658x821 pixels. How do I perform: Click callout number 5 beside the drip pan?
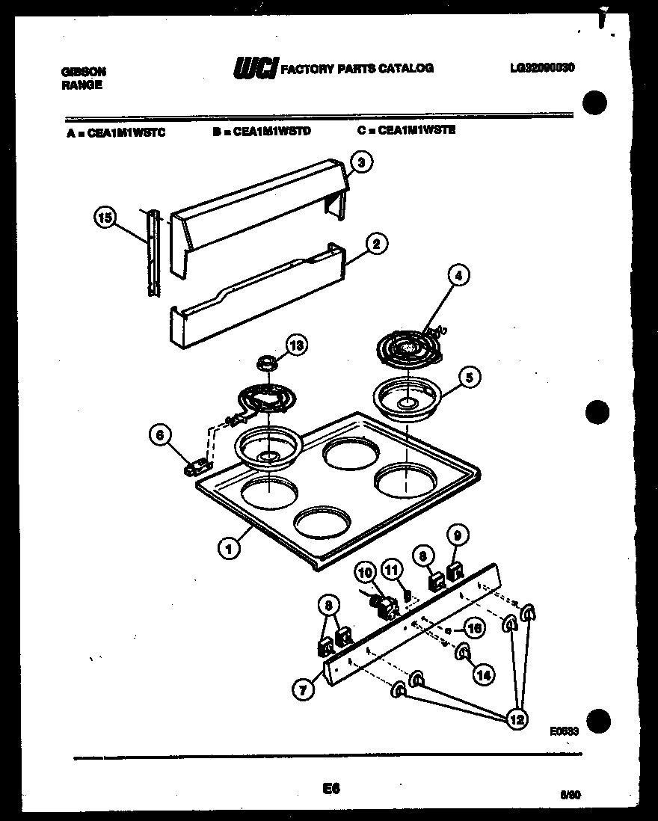click(469, 377)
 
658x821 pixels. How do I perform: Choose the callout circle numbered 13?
click(297, 345)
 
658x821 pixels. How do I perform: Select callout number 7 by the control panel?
click(303, 689)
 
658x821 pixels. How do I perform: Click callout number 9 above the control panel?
click(457, 534)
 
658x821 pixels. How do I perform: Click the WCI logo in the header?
click(255, 69)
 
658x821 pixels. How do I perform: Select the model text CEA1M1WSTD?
click(261, 130)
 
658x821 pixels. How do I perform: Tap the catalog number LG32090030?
click(542, 67)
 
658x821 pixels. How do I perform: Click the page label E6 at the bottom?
click(330, 788)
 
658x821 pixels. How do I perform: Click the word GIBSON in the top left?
click(83, 72)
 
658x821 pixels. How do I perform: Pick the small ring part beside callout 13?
click(265, 364)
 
